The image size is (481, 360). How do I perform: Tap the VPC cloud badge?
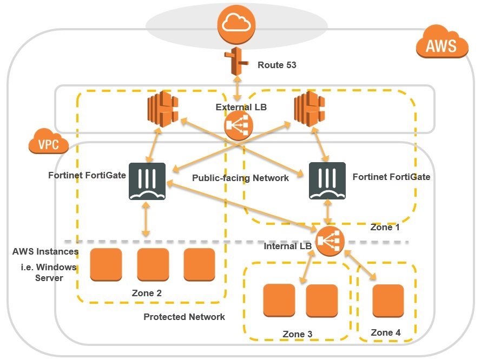click(49, 143)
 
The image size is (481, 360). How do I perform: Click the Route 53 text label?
click(277, 65)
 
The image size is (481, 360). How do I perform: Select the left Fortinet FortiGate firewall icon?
click(147, 181)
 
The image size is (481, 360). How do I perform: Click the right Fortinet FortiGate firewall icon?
click(327, 181)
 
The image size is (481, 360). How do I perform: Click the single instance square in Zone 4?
click(388, 301)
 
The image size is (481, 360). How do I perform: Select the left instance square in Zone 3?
click(279, 301)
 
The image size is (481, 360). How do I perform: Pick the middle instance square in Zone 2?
click(153, 264)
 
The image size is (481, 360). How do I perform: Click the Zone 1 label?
click(385, 228)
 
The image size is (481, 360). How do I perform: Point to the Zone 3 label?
click(297, 335)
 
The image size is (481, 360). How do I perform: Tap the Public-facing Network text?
click(241, 178)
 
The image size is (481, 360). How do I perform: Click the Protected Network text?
click(184, 317)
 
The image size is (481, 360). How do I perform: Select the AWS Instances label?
click(45, 251)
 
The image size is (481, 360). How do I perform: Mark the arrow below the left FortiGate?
click(145, 221)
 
